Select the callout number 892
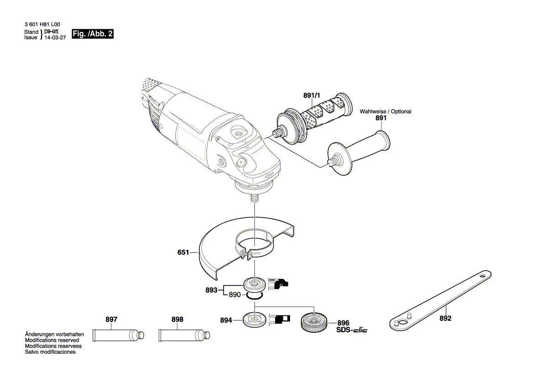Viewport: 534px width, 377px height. (445, 319)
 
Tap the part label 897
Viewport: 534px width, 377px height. (111, 319)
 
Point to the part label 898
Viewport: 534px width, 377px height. (177, 319)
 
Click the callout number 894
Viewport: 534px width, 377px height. (226, 320)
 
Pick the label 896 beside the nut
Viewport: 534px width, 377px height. (343, 322)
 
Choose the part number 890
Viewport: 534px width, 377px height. (235, 295)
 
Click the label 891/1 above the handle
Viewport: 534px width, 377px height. (312, 95)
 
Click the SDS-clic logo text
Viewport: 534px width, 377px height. (352, 330)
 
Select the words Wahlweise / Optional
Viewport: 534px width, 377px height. (385, 111)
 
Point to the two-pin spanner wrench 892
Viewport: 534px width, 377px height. (439, 301)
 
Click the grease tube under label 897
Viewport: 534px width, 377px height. (118, 335)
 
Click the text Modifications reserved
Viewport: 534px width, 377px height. (52, 340)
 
